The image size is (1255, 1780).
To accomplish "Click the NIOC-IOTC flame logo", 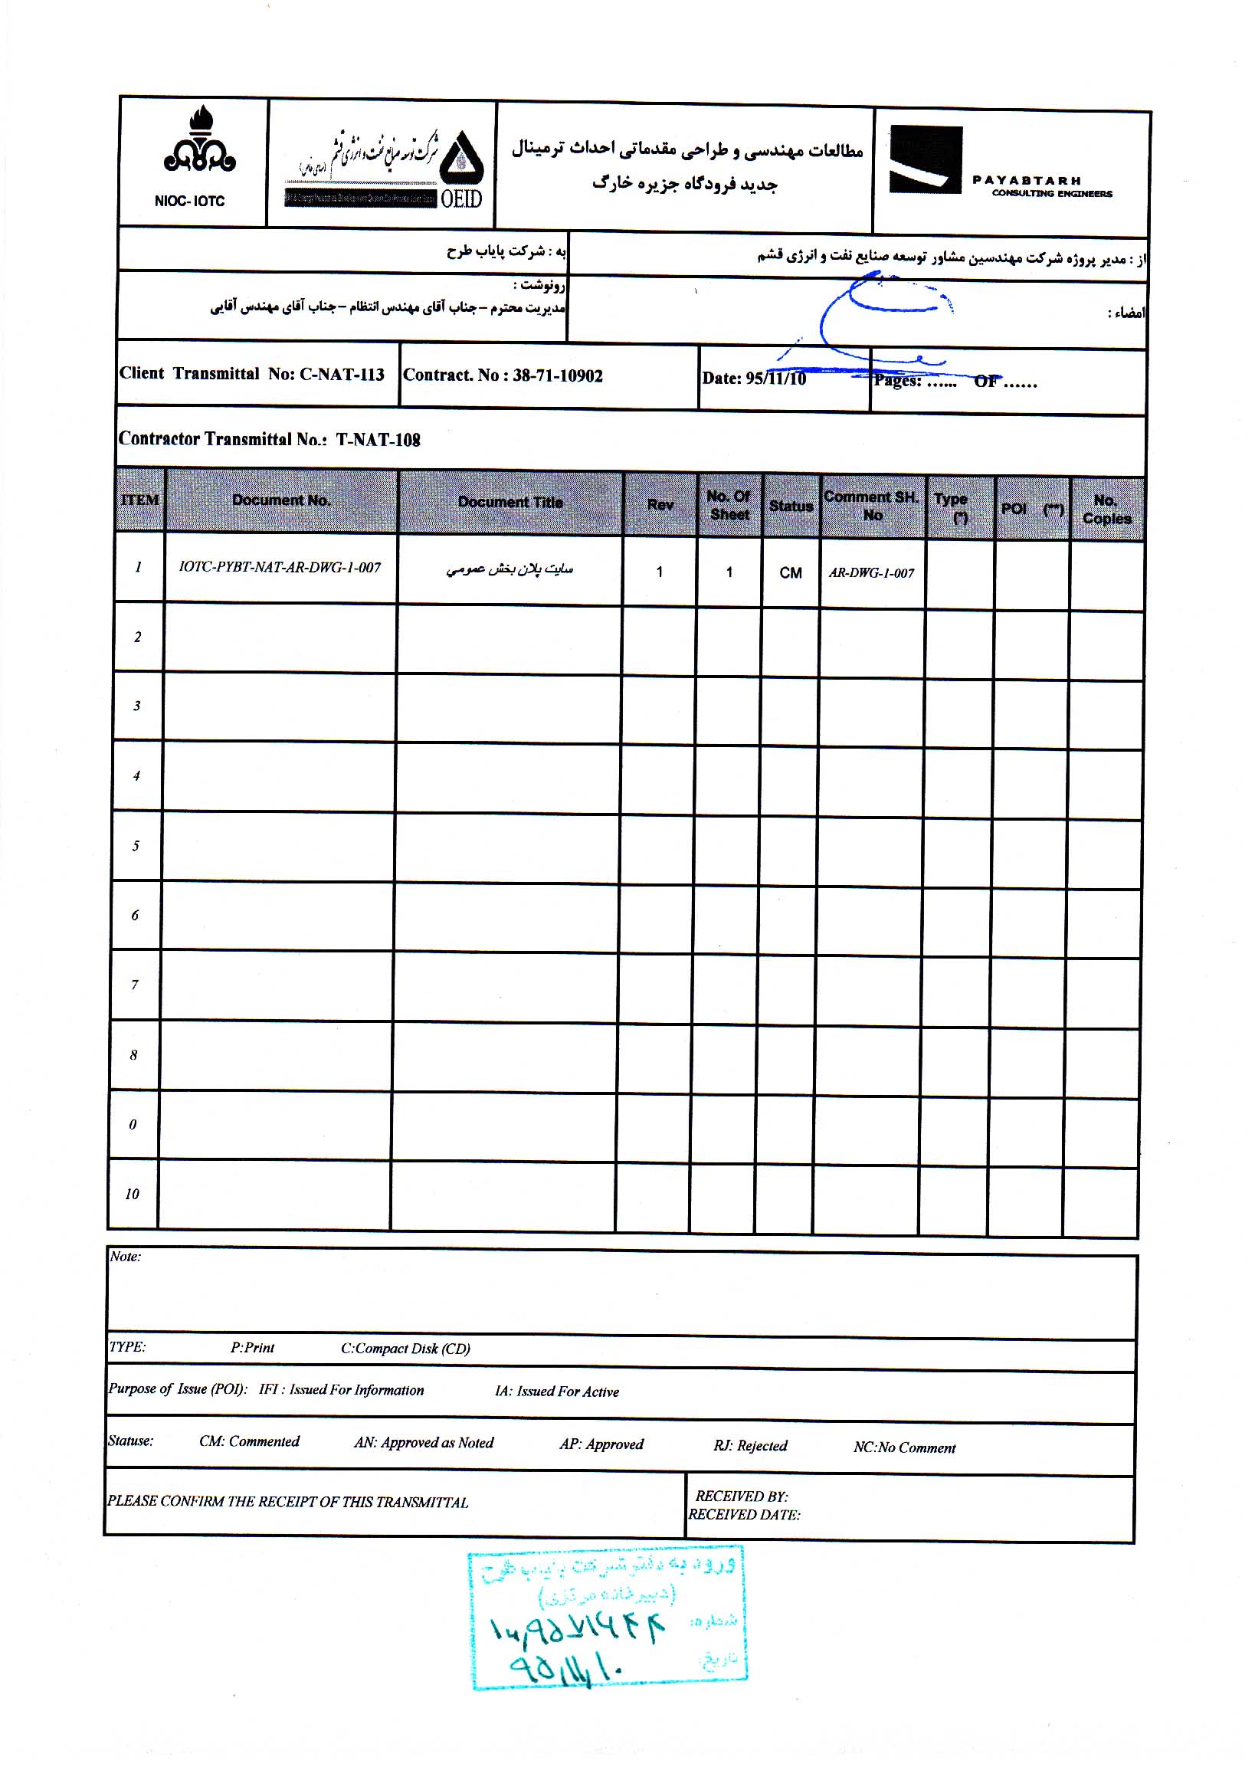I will tap(199, 142).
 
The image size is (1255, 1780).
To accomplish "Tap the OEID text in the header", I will tap(461, 199).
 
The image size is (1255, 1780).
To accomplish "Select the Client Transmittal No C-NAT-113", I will tap(252, 374).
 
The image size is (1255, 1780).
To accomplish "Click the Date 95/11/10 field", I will tap(753, 379).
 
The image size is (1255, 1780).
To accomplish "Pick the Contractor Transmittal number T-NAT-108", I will tap(269, 440).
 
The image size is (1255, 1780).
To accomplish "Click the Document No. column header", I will tap(281, 501).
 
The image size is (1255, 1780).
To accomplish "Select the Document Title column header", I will tap(510, 503).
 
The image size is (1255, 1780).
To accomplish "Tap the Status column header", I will tap(791, 506).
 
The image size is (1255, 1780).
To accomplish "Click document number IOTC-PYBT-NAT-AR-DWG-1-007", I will tap(280, 568).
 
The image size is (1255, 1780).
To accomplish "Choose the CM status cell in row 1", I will tap(791, 573).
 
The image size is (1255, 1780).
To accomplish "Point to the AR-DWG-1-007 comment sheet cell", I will tap(871, 574).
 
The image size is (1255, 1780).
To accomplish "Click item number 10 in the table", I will tap(132, 1194).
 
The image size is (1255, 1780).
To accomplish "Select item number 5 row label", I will tap(136, 846).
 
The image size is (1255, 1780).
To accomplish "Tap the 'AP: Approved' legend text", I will tap(601, 1444).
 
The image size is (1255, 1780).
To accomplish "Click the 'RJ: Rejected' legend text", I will tap(749, 1446).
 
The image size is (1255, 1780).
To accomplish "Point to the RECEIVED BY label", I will tap(741, 1496).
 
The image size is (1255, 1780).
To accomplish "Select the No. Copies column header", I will tap(1106, 510).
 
